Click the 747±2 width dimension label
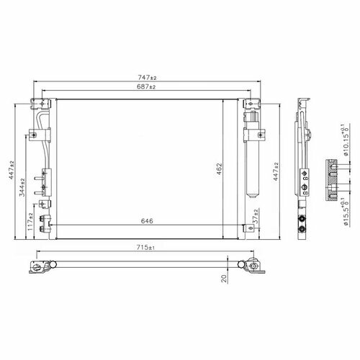[147, 78]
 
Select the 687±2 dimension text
[146, 86]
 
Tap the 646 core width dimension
[147, 221]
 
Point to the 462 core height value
[219, 169]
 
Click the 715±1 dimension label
[145, 247]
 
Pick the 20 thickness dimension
[224, 279]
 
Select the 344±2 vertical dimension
[22, 187]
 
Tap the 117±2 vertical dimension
[30, 222]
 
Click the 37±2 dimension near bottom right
[256, 217]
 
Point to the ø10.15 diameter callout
[346, 140]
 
